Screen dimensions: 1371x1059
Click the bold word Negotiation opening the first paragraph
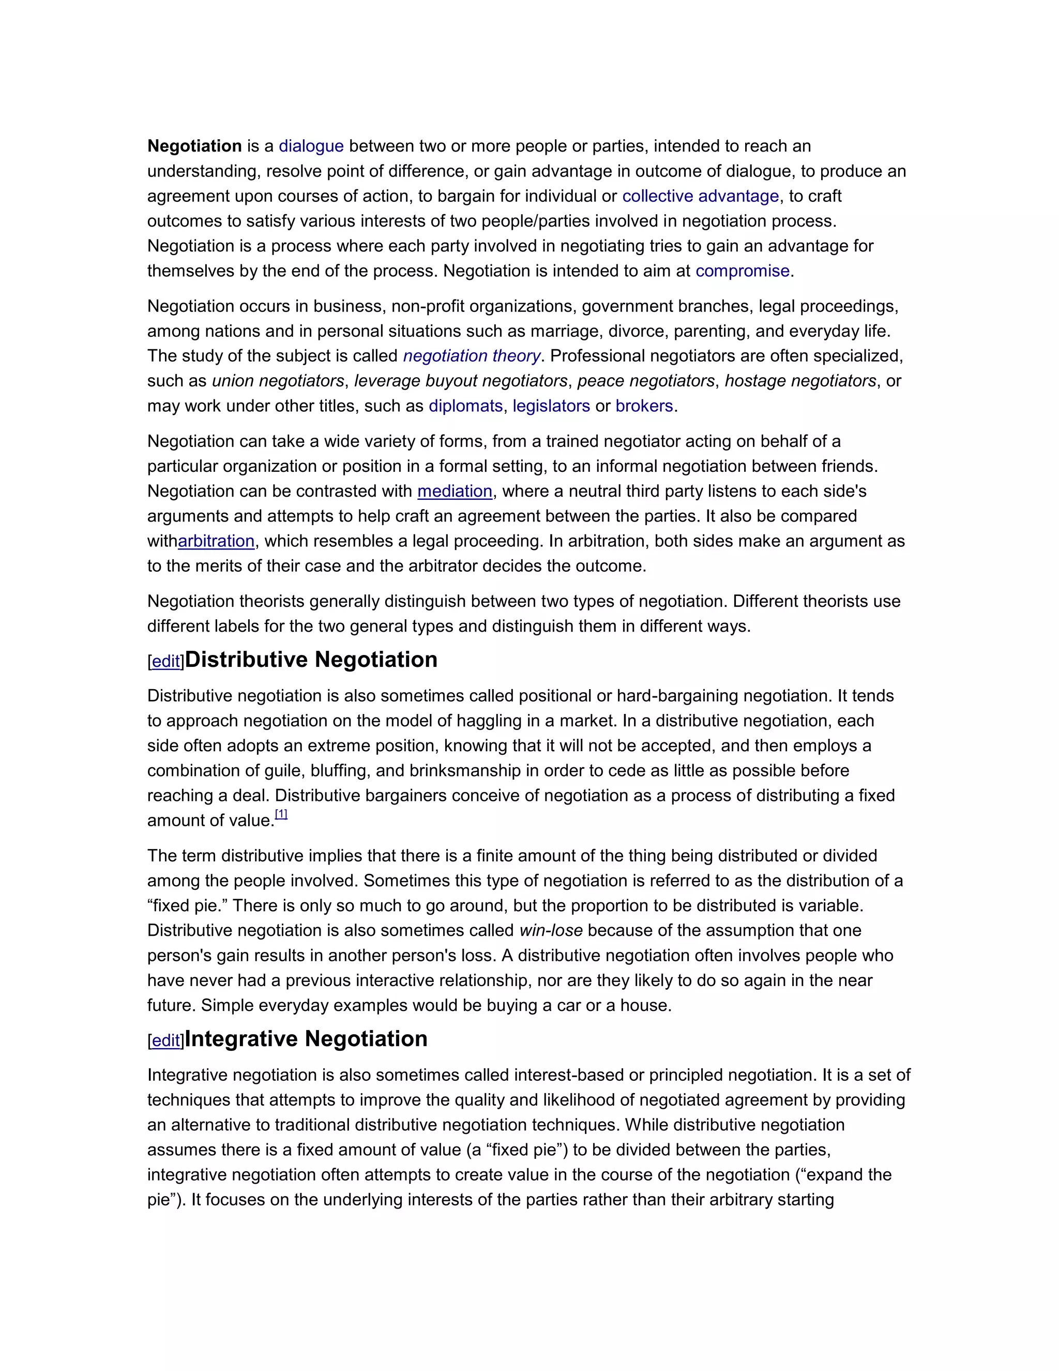pos(194,146)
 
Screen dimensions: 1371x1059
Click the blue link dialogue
pos(311,146)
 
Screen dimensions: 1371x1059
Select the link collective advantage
pos(700,197)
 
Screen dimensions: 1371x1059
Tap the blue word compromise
pos(742,271)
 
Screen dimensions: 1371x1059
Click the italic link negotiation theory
pos(471,356)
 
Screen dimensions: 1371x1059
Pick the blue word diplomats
pos(465,406)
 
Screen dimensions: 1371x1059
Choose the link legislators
pos(551,406)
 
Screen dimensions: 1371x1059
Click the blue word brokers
pos(644,406)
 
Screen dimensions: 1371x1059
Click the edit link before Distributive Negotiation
pos(167,662)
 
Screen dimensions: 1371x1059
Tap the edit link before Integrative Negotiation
pos(167,1041)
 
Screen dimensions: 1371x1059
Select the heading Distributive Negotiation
pos(311,660)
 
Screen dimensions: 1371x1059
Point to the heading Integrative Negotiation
pos(306,1039)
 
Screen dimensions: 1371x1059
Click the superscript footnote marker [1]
pos(281,814)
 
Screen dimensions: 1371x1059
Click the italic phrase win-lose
pos(551,930)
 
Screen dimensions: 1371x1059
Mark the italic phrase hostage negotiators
pos(800,381)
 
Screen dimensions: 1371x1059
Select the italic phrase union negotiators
pos(278,381)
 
